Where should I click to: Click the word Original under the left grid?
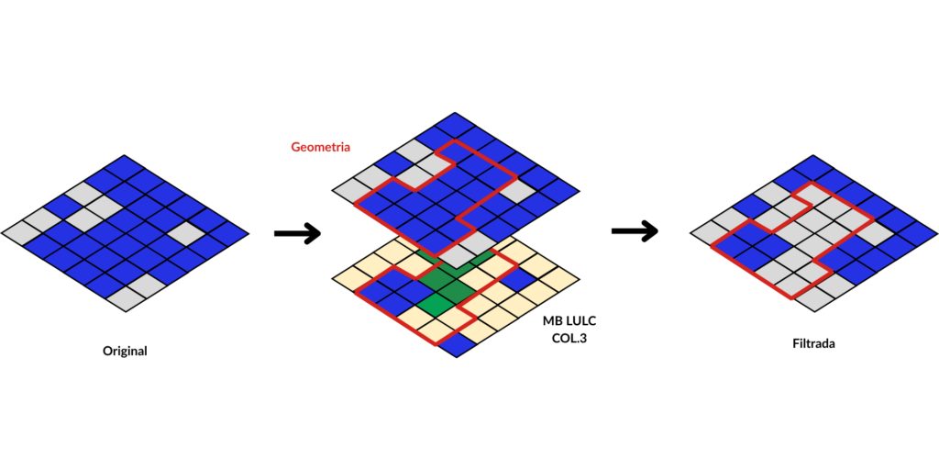[125, 351]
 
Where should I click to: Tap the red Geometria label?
[321, 146]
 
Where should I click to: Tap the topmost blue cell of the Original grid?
[125, 169]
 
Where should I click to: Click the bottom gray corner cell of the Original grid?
[126, 297]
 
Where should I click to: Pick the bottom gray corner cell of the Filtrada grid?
[813, 297]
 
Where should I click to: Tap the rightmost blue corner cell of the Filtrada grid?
[917, 231]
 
